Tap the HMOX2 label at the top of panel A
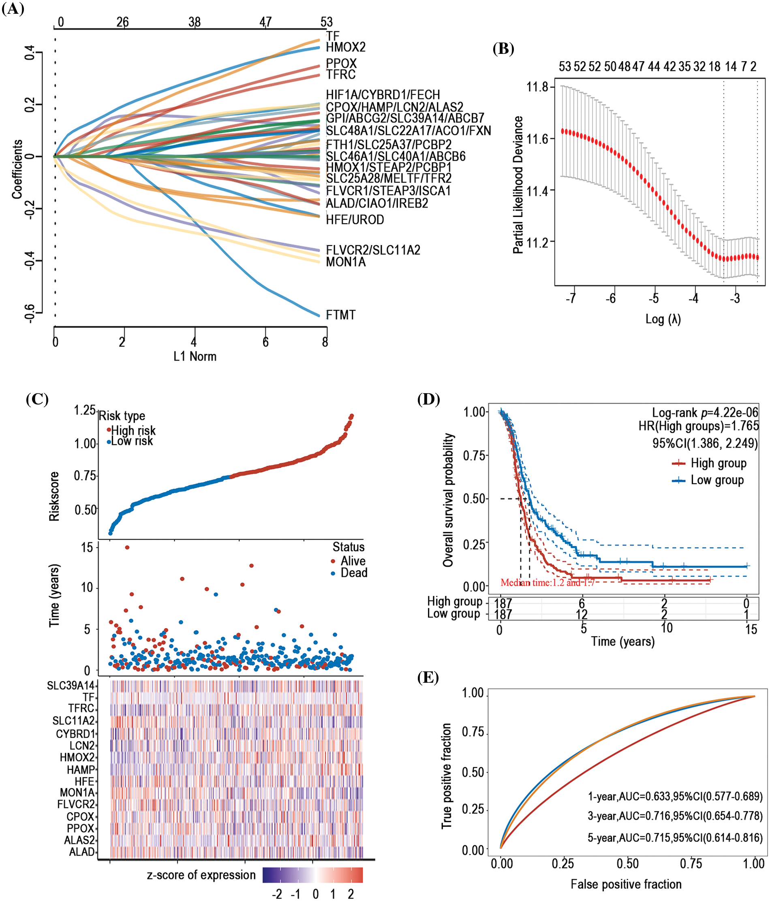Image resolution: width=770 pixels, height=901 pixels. (x=346, y=47)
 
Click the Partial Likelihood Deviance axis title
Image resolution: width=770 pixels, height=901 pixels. (x=518, y=185)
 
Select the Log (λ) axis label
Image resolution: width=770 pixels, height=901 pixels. (x=663, y=319)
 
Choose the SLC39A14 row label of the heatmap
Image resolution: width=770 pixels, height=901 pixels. (x=71, y=686)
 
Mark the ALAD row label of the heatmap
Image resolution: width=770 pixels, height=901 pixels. (x=82, y=852)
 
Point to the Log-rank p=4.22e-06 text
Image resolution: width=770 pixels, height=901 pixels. (x=705, y=412)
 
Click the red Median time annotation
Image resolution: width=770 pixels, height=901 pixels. (x=547, y=582)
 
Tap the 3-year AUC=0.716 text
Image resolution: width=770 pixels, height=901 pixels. (x=675, y=816)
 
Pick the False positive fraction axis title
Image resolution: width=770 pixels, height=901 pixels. (x=626, y=884)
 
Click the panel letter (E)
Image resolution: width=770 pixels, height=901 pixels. (x=428, y=678)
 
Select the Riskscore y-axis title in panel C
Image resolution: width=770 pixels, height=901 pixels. (x=54, y=496)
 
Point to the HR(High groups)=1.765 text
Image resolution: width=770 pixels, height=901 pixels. (x=699, y=426)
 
